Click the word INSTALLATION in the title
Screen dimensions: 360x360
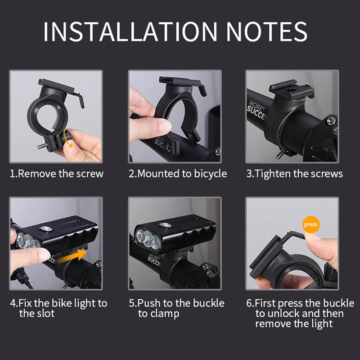tap(130, 31)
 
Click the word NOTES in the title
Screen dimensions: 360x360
tap(267, 31)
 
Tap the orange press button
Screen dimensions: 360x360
tap(310, 224)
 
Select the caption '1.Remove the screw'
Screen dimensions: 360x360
tap(57, 174)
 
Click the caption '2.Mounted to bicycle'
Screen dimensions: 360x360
tap(178, 174)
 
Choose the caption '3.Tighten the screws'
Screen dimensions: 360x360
tap(295, 174)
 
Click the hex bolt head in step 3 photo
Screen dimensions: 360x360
tap(331, 120)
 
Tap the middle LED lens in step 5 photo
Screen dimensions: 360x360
tap(148, 238)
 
